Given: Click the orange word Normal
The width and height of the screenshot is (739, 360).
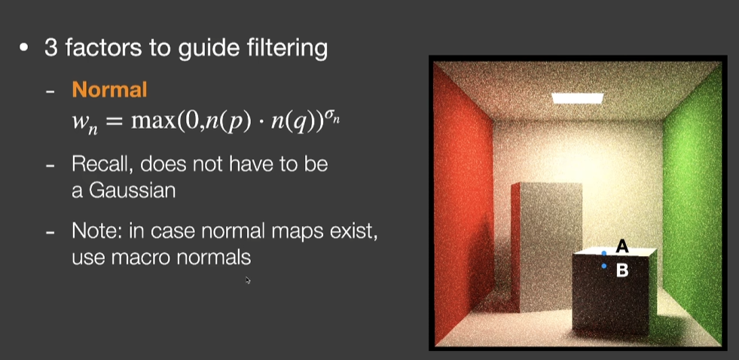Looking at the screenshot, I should pyautogui.click(x=109, y=90).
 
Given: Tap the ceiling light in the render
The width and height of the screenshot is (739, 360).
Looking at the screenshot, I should pyautogui.click(x=578, y=98).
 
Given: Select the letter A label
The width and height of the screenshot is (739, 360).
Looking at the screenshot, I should pyautogui.click(x=622, y=246).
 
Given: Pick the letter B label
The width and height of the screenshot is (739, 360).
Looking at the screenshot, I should pyautogui.click(x=622, y=270).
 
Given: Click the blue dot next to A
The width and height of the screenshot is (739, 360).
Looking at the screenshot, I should pyautogui.click(x=604, y=253).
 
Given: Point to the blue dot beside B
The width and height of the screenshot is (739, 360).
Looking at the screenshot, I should pyautogui.click(x=604, y=266).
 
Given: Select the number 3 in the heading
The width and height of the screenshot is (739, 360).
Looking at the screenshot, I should pyautogui.click(x=50, y=49).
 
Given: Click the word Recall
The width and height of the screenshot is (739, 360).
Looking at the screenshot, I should pyautogui.click(x=101, y=164).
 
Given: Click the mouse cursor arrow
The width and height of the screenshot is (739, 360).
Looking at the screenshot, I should pyautogui.click(x=248, y=281).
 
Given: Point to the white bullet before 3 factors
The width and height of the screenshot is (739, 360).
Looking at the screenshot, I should pyautogui.click(x=25, y=49).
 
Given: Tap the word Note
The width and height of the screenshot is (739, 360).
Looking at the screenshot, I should pyautogui.click(x=94, y=230).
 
